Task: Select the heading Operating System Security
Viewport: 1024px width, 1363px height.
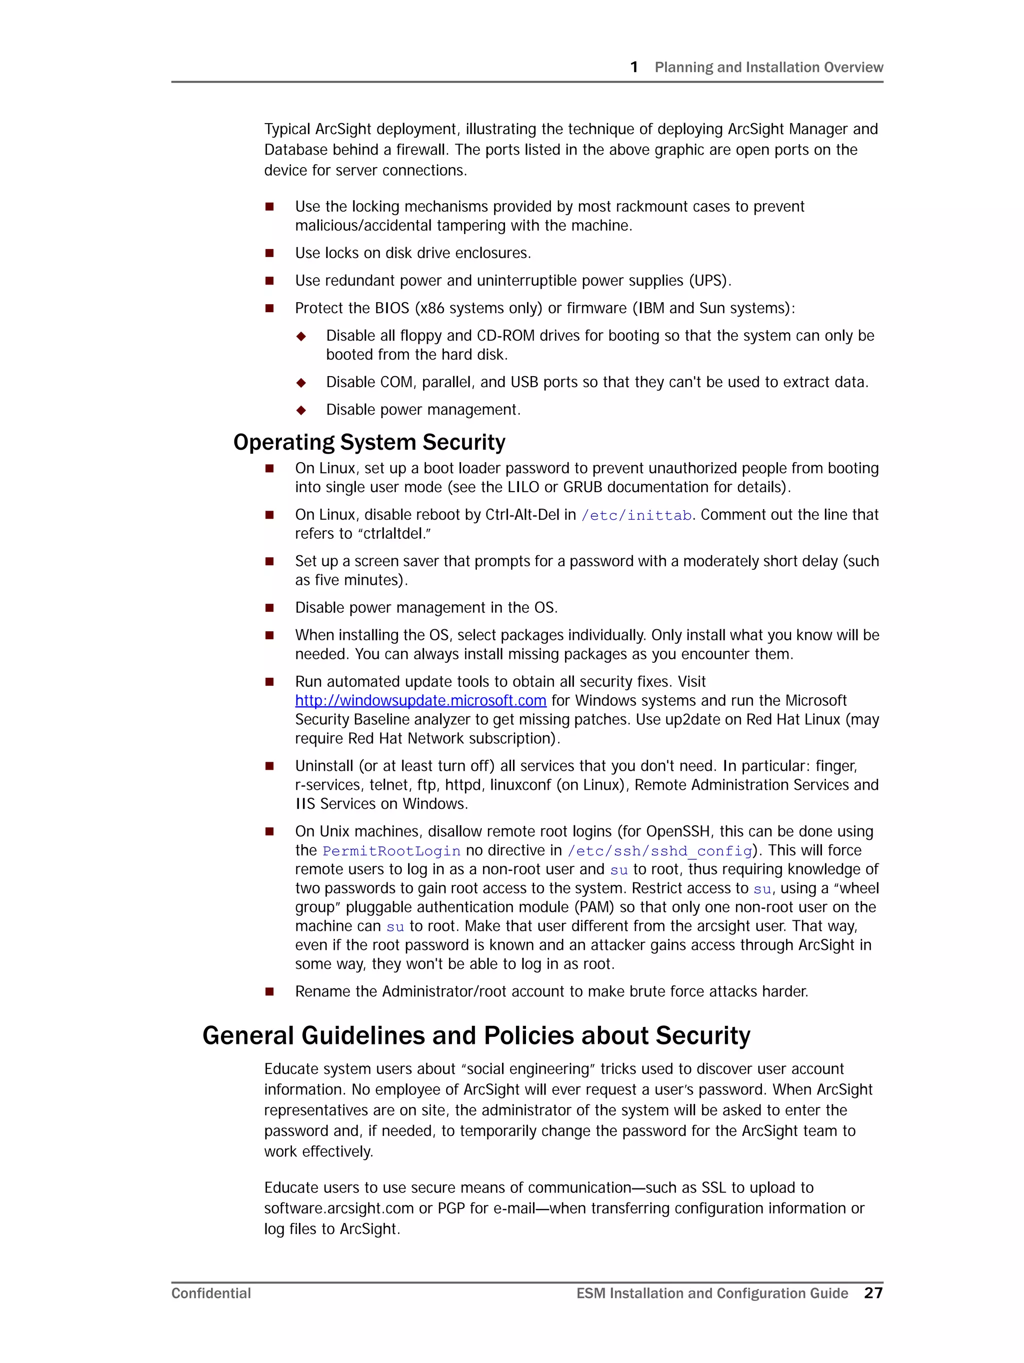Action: click(368, 443)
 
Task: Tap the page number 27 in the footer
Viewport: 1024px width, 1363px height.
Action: click(872, 1293)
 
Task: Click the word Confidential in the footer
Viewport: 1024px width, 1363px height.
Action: click(210, 1293)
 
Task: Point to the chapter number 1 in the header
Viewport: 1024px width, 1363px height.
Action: click(634, 67)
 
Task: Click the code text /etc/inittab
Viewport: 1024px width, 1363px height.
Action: click(636, 515)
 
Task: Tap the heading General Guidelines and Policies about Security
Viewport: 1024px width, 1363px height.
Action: click(475, 1036)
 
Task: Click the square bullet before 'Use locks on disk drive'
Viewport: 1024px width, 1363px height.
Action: click(269, 253)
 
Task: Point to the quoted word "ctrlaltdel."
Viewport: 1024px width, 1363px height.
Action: click(393, 534)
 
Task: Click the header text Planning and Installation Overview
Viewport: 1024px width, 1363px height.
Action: click(768, 67)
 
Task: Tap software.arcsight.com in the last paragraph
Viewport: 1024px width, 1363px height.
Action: click(339, 1208)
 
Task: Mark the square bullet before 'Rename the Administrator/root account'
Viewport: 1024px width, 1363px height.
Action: click(269, 991)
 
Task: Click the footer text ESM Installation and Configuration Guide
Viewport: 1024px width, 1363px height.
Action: click(711, 1293)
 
